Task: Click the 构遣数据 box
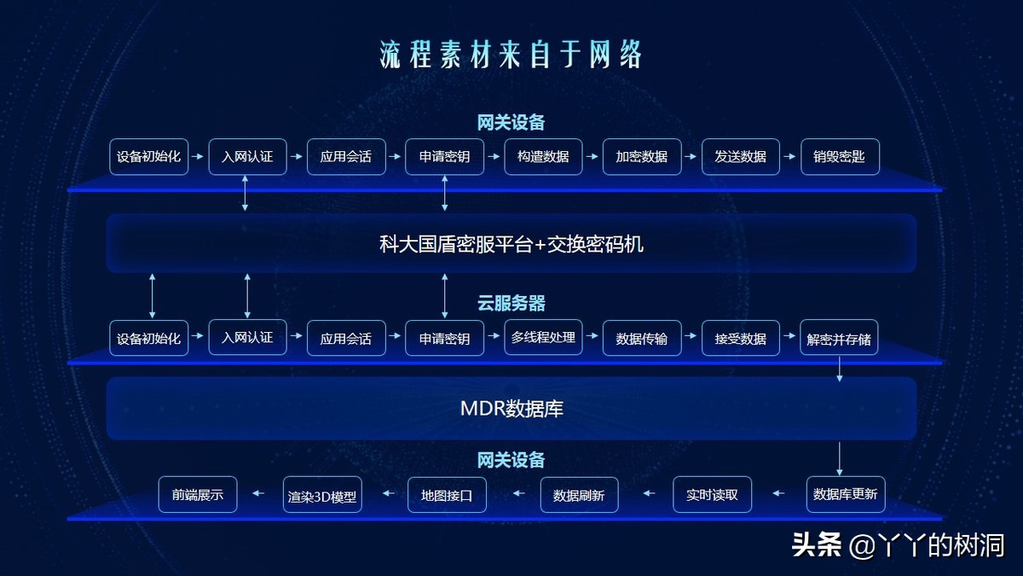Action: [543, 157]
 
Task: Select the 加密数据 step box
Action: [642, 157]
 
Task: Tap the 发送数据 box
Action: [741, 157]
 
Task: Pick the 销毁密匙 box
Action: [840, 157]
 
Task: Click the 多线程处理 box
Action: [543, 337]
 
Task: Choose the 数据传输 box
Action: [642, 338]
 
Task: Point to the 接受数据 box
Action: [741, 338]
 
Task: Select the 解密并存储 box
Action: [840, 338]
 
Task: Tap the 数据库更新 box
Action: [846, 494]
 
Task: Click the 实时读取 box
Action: [713, 494]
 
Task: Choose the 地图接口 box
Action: [447, 494]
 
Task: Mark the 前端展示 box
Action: [198, 494]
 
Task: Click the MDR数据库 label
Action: [511, 409]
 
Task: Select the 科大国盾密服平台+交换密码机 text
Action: [511, 245]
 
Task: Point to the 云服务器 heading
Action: [511, 303]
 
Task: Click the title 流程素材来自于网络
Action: [511, 54]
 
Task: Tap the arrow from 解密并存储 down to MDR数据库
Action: [840, 368]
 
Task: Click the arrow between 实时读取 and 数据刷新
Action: [649, 493]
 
